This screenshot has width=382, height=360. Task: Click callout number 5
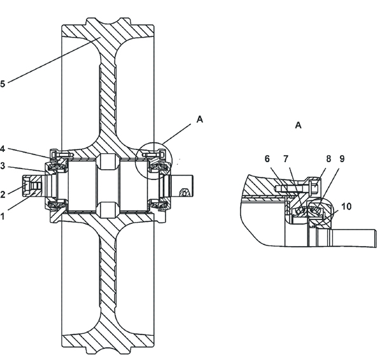(3, 84)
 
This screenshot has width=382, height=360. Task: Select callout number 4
(2, 149)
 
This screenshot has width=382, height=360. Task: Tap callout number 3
(2, 166)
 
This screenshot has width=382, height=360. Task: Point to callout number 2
(3, 195)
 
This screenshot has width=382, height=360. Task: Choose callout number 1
(2, 216)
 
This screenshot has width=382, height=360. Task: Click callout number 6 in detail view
(267, 159)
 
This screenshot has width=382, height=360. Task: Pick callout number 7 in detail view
(286, 159)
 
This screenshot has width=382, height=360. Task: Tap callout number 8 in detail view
(329, 159)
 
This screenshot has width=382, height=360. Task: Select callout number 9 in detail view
(342, 159)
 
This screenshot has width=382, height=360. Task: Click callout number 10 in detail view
(346, 207)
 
